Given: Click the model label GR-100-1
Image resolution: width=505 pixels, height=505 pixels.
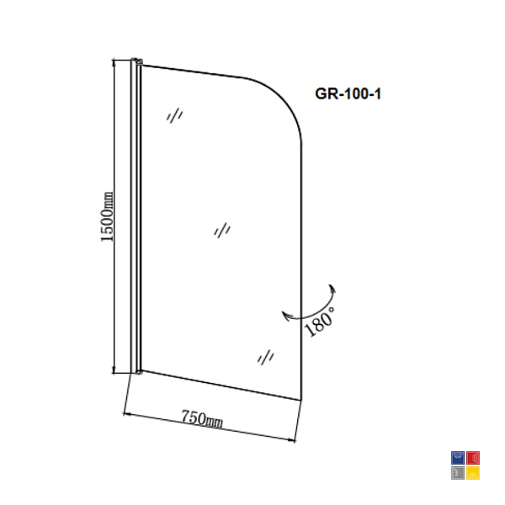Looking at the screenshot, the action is (348, 93).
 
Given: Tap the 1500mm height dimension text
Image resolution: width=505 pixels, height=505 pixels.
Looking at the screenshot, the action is (107, 216).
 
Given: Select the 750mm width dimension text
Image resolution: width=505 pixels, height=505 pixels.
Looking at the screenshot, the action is (202, 419).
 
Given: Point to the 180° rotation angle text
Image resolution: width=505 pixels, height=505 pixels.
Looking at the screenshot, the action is (320, 322).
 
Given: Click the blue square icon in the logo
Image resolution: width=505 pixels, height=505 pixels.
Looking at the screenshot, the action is (458, 458).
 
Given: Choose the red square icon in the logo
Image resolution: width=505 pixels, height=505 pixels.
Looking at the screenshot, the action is (473, 458).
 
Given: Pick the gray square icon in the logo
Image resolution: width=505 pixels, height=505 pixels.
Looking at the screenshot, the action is (458, 473).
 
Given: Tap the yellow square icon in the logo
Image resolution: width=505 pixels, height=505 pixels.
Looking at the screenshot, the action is (473, 473).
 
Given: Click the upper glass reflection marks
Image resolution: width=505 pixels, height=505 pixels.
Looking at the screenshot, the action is (175, 115).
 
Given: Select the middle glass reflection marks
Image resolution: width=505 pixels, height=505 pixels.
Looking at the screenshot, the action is (222, 231).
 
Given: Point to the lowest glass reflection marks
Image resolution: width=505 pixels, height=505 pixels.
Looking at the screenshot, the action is (266, 357).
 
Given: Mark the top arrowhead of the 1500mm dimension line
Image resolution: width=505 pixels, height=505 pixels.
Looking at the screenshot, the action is (114, 63).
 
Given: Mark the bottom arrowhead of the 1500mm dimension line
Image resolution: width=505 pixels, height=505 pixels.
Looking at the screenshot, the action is (114, 369).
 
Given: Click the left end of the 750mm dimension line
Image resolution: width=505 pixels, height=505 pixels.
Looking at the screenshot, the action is (124, 413).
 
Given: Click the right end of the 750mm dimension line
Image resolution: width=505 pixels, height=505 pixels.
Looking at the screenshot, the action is (295, 440).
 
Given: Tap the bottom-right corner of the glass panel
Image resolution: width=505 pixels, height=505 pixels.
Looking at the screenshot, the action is (301, 401).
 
